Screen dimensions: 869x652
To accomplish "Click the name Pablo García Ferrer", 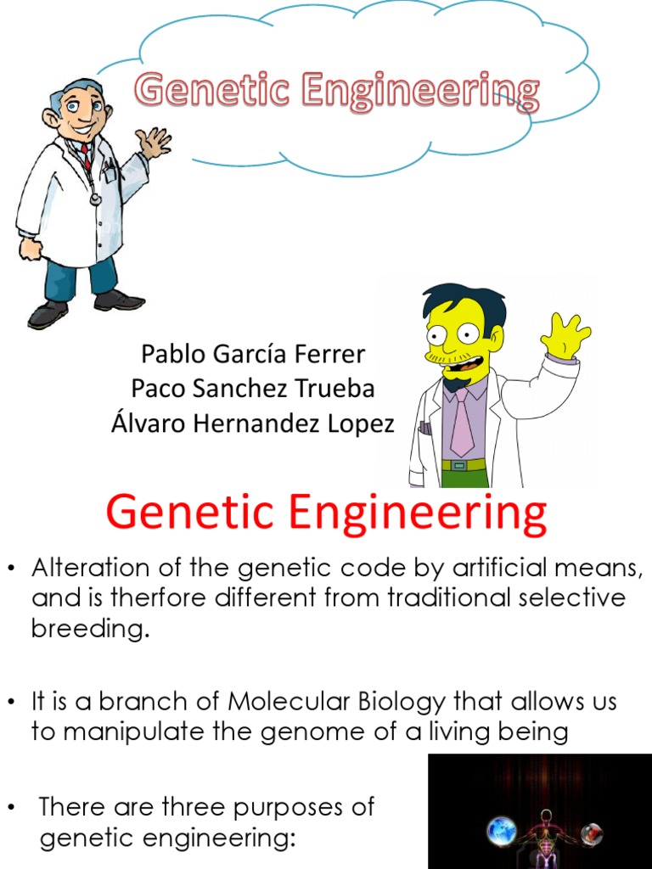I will tap(252, 354).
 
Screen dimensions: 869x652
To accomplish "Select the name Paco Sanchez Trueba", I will tap(252, 389).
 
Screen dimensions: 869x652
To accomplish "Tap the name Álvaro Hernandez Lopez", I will tap(252, 423).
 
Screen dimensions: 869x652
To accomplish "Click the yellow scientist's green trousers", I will tap(465, 477).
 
